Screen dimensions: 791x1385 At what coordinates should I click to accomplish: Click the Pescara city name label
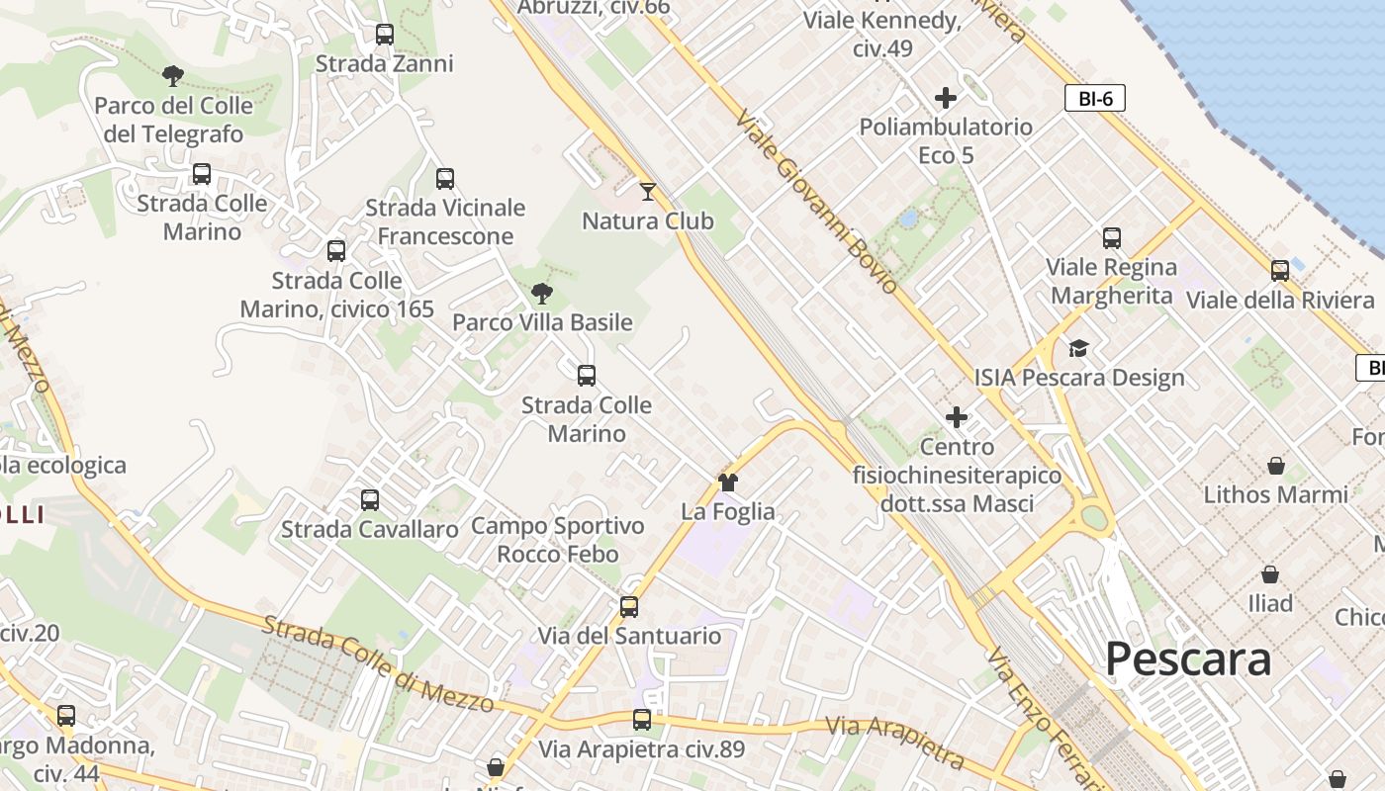(x=1187, y=659)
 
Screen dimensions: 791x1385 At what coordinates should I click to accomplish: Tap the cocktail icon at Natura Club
(x=648, y=191)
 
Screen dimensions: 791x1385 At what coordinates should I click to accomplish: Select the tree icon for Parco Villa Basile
(x=541, y=293)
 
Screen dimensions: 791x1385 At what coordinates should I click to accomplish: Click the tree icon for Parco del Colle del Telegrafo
(x=173, y=75)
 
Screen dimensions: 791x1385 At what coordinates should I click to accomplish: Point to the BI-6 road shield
(x=1095, y=98)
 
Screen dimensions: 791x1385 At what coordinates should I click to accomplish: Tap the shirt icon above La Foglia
(x=728, y=483)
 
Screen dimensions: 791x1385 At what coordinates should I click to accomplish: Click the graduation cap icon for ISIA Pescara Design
(x=1078, y=348)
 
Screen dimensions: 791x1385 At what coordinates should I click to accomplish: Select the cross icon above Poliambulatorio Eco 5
(x=946, y=98)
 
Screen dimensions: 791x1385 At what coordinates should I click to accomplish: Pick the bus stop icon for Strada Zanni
(x=385, y=35)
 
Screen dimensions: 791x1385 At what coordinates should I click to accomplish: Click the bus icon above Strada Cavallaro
(x=370, y=500)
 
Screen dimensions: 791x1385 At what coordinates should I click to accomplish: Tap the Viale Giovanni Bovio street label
(x=816, y=201)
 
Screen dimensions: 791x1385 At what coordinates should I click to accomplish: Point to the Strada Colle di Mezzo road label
(x=378, y=663)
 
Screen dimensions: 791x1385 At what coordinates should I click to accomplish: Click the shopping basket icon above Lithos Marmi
(x=1276, y=465)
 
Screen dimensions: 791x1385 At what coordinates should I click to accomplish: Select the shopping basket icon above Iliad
(x=1270, y=573)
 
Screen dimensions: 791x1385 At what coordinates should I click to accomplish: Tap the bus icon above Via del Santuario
(x=629, y=606)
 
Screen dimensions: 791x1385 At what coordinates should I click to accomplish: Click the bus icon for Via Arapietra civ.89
(x=642, y=720)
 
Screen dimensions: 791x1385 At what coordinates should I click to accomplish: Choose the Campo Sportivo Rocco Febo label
(x=557, y=539)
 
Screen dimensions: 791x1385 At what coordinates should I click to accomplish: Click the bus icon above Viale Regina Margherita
(x=1112, y=238)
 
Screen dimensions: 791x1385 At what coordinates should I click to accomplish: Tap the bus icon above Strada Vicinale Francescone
(x=445, y=179)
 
